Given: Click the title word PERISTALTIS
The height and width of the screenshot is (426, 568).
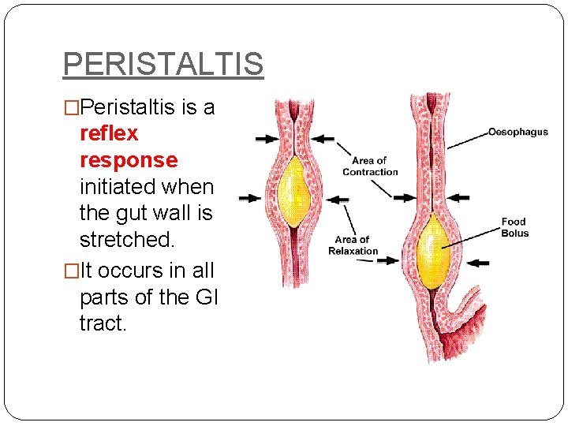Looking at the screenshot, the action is click(163, 63).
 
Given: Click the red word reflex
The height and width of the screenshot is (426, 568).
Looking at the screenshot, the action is click(109, 133).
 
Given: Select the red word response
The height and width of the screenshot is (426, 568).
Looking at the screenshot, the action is click(129, 160).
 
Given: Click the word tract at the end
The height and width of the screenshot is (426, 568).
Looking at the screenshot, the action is click(102, 322).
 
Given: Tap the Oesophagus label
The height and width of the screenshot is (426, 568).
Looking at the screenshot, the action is click(518, 132).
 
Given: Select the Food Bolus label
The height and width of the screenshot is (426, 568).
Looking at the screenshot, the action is click(514, 227).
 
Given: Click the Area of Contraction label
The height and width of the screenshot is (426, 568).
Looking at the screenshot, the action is click(370, 166).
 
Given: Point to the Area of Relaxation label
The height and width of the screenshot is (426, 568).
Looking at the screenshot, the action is click(353, 245).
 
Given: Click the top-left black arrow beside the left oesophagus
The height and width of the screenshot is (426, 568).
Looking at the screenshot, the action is click(266, 138).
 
